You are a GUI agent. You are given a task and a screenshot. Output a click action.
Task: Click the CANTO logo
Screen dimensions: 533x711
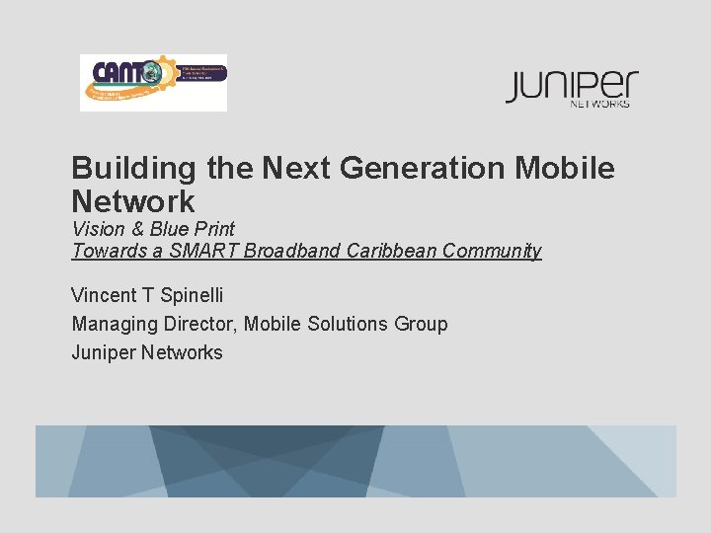point(153,83)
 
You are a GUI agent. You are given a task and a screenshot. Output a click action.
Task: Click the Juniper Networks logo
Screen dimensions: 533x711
point(572,88)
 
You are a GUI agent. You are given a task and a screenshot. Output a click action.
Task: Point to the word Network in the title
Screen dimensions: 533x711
point(133,201)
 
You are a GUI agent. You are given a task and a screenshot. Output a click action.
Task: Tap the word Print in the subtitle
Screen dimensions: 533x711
point(214,229)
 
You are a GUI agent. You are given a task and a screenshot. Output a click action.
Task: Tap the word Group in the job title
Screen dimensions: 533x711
point(422,324)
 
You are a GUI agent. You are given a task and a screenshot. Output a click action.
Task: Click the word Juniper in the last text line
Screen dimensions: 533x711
point(103,352)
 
